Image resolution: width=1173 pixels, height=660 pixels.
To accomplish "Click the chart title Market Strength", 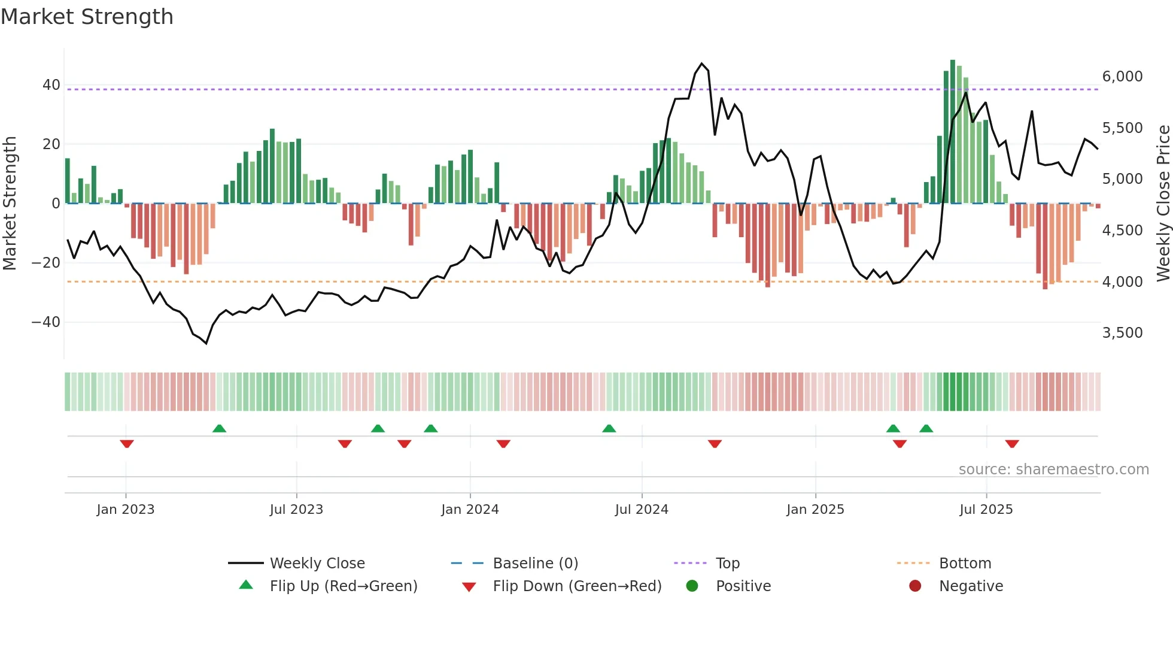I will coord(87,17).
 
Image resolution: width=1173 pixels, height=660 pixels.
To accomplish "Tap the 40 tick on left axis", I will coord(51,85).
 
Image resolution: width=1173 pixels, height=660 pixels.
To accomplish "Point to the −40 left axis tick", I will coord(46,322).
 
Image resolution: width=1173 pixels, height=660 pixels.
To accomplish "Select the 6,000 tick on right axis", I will coord(1122,77).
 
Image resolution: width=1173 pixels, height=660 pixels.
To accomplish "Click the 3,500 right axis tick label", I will coord(1122,333).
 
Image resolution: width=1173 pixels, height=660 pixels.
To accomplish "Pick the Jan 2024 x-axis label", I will coord(470,510).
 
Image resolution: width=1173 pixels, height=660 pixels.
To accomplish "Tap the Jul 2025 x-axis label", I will coord(986,510).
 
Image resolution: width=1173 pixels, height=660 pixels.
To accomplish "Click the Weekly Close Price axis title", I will coord(1163,203).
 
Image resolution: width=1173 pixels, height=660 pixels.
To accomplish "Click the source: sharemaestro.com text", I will coord(1053,470).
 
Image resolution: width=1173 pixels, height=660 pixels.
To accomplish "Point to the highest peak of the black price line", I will coord(702,63).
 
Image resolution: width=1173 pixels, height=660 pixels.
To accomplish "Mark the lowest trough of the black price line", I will coord(206,343).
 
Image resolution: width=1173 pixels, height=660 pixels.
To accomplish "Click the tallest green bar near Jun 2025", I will coord(953,132).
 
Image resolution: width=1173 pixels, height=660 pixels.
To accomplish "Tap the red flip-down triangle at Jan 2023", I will coord(126,444).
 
